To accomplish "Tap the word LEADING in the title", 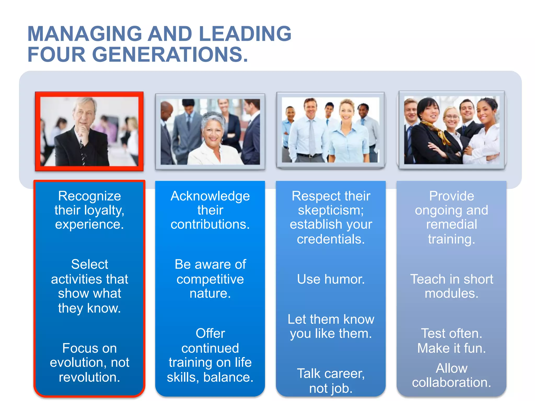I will (x=245, y=34).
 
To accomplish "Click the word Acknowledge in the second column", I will (x=210, y=196).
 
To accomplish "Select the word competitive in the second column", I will (x=210, y=279).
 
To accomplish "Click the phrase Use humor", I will (x=331, y=279).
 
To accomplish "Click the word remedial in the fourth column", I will (x=451, y=225).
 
